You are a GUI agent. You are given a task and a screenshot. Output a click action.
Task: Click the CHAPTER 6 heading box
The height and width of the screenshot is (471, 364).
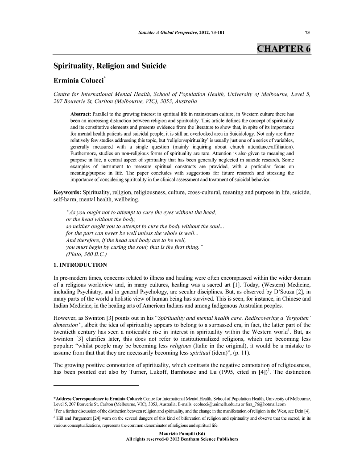point(284,48)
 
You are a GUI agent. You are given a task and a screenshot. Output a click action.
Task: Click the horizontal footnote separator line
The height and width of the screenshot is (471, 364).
point(96,384)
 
